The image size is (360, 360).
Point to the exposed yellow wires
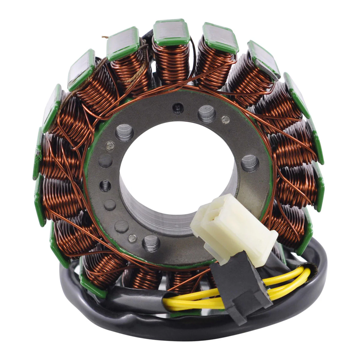198,301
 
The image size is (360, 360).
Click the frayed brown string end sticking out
105,37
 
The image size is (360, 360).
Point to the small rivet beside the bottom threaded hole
132,238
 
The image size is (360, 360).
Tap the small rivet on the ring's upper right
225,119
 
